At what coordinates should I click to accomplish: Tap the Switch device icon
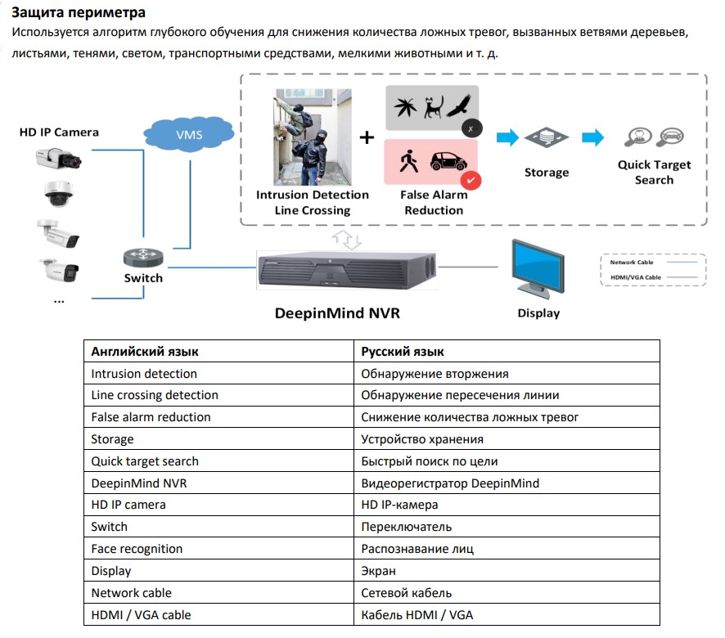pyautogui.click(x=144, y=256)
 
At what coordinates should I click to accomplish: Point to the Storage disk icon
pyautogui.click(x=546, y=137)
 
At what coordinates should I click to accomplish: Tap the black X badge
pyautogui.click(x=471, y=128)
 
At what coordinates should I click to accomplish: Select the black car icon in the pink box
pyautogui.click(x=448, y=160)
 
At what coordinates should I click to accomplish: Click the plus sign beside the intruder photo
pyautogui.click(x=367, y=137)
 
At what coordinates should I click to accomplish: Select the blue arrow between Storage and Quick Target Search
pyautogui.click(x=592, y=137)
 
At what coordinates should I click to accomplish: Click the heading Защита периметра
pyautogui.click(x=79, y=13)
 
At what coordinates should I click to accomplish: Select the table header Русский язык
pyautogui.click(x=403, y=352)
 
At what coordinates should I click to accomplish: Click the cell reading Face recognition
pyautogui.click(x=137, y=549)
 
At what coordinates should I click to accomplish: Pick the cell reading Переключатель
pyautogui.click(x=407, y=527)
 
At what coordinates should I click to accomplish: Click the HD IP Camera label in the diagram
pyautogui.click(x=59, y=132)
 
